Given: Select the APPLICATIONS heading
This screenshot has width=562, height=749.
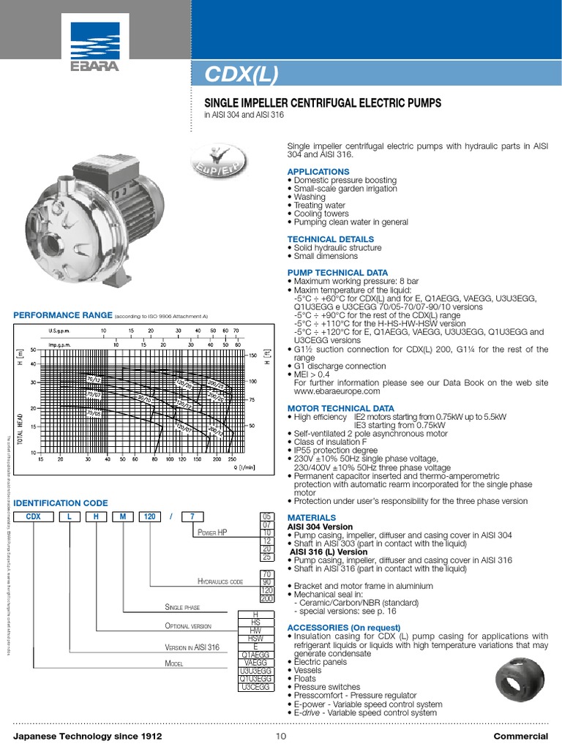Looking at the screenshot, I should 318,172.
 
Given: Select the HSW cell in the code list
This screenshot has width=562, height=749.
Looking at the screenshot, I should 255,639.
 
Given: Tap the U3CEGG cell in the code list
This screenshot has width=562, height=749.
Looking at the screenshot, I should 255,688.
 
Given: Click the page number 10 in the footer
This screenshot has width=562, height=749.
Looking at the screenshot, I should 281,736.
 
